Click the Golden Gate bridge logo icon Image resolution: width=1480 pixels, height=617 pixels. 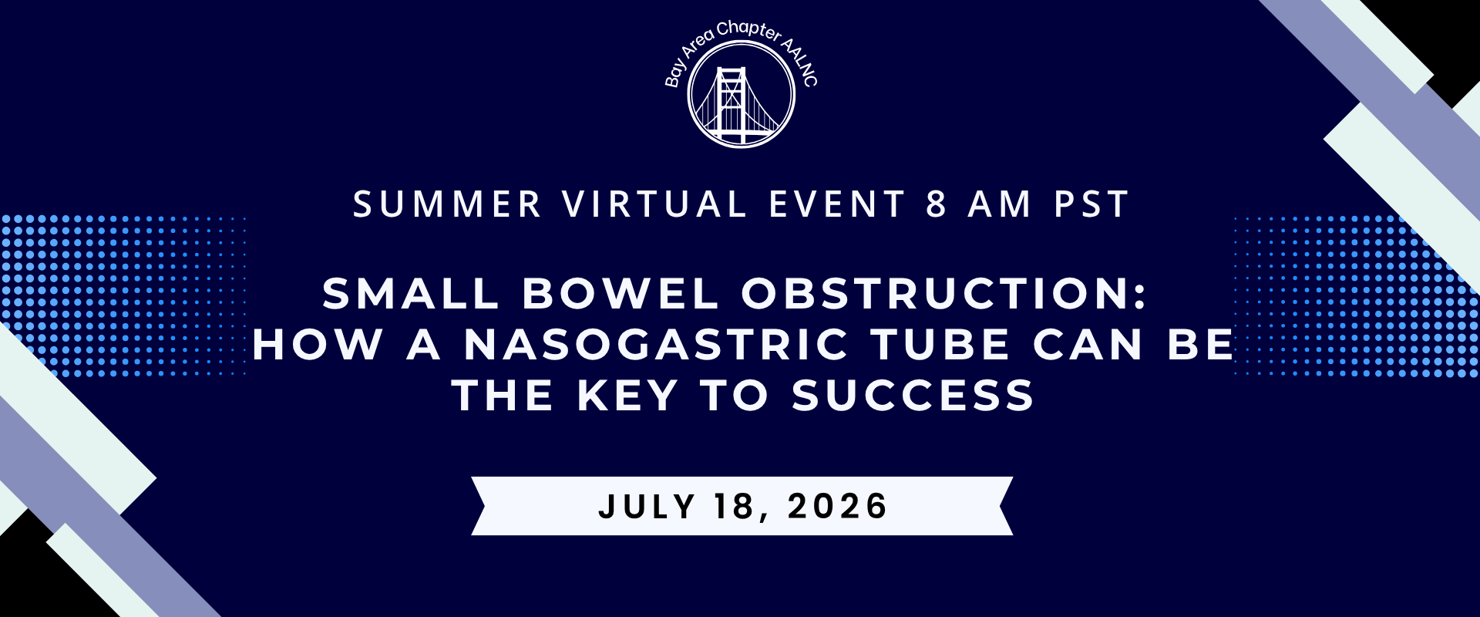pyautogui.click(x=741, y=94)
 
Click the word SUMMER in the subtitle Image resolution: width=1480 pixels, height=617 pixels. pyautogui.click(x=448, y=205)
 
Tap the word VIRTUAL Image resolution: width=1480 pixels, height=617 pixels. pyautogui.click(x=655, y=205)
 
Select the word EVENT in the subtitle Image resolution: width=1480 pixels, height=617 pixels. pyautogui.click(x=837, y=205)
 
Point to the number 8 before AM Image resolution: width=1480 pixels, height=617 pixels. pyautogui.click(x=937, y=205)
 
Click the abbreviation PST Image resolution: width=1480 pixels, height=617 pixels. pyautogui.click(x=1091, y=205)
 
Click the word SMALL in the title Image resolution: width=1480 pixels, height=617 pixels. pyautogui.click(x=412, y=294)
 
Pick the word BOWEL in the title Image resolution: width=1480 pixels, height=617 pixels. pyautogui.click(x=621, y=294)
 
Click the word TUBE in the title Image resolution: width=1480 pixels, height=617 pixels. pyautogui.click(x=941, y=345)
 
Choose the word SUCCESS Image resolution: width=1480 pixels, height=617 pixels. pyautogui.click(x=913, y=396)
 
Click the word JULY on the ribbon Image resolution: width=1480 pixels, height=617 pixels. pyautogui.click(x=647, y=507)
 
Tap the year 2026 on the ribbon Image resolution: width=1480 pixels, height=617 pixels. pyautogui.click(x=837, y=507)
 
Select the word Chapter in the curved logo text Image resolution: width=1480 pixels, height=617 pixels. pyautogui.click(x=748, y=31)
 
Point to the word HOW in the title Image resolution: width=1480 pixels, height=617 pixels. pyautogui.click(x=317, y=345)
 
